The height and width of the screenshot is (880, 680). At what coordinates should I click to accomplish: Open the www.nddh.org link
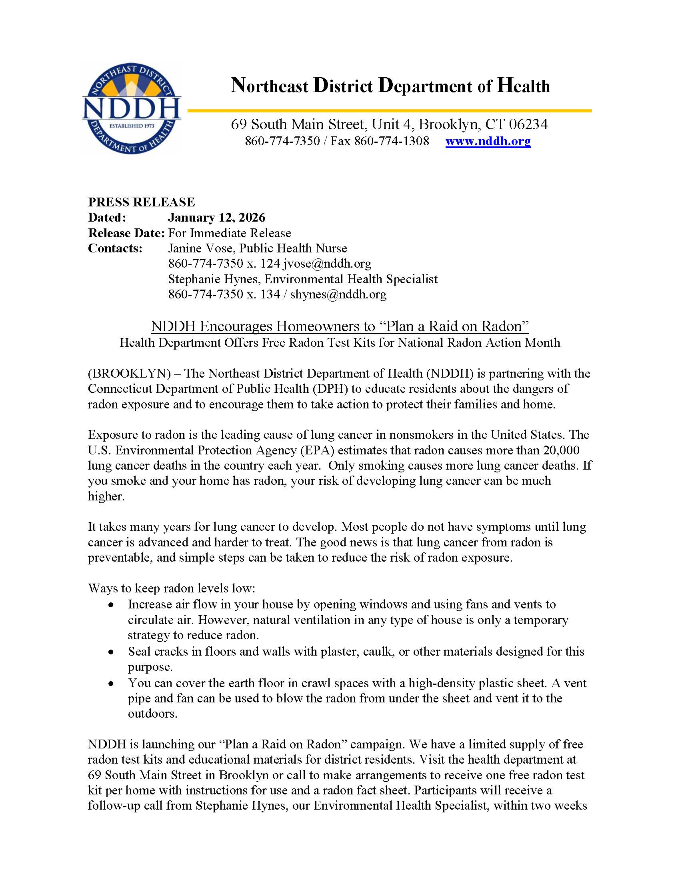click(x=488, y=141)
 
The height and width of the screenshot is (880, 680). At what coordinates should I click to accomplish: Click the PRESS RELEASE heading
click(x=141, y=202)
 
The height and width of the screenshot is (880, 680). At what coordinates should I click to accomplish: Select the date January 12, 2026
click(x=217, y=218)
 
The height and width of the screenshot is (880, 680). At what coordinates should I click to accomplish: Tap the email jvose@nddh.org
click(x=327, y=264)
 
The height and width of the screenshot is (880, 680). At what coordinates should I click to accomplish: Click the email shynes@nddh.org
click(x=338, y=294)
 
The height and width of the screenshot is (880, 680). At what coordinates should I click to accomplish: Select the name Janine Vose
click(x=200, y=248)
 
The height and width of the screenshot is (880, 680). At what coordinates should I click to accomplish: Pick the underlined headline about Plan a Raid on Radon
click(x=340, y=326)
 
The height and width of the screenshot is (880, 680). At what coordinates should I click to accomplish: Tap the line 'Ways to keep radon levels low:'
click(x=172, y=588)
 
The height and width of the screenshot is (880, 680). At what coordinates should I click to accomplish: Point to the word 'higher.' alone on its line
click(x=106, y=496)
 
